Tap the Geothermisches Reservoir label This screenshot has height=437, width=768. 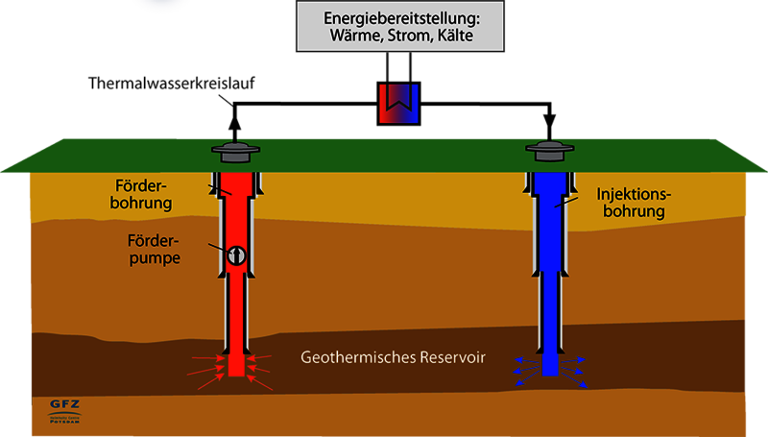(394, 357)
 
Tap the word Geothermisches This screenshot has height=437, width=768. (353, 357)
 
